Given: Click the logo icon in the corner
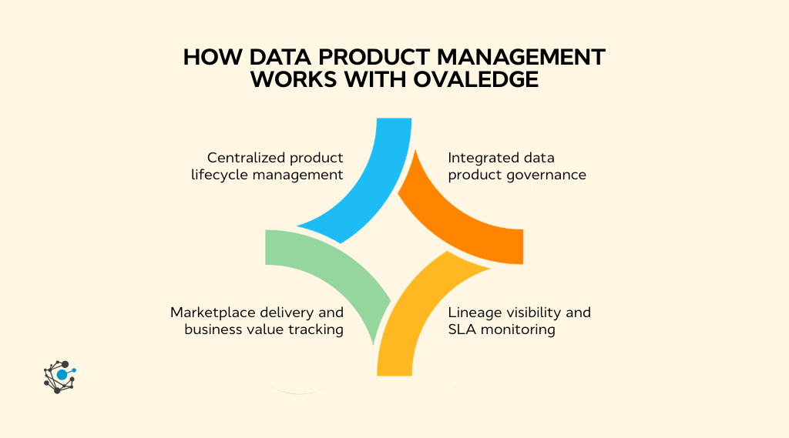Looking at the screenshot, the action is tap(60, 376).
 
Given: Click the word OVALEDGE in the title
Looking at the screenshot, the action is tap(476, 79).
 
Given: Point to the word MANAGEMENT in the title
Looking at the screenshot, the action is tap(521, 57).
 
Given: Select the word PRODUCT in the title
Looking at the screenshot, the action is tap(374, 57).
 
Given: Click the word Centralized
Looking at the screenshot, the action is tap(239, 157).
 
